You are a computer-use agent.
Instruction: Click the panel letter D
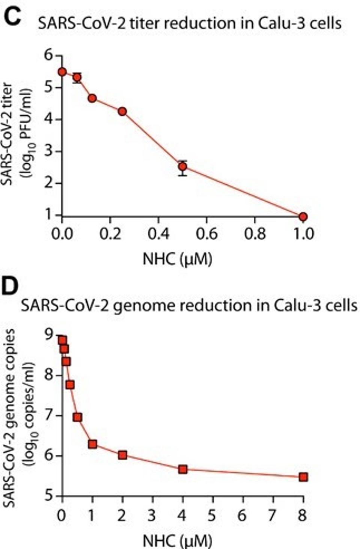(x=10, y=288)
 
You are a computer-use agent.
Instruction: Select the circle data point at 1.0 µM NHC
(x=303, y=216)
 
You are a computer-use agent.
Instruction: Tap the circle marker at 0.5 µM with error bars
(x=183, y=166)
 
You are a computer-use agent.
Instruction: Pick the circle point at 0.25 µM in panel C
(x=122, y=111)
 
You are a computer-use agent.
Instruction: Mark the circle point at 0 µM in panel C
(x=62, y=72)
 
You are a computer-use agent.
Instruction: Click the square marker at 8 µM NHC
(x=303, y=477)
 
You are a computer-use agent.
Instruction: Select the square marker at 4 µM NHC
(x=183, y=469)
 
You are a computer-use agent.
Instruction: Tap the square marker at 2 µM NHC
(x=122, y=455)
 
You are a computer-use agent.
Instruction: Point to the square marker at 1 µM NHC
(x=92, y=444)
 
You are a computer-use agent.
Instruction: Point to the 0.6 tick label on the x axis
(x=207, y=234)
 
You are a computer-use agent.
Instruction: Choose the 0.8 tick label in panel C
(x=255, y=234)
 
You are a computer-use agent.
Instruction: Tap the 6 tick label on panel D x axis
(x=243, y=515)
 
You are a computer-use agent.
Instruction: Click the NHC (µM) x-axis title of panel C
(x=177, y=259)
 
